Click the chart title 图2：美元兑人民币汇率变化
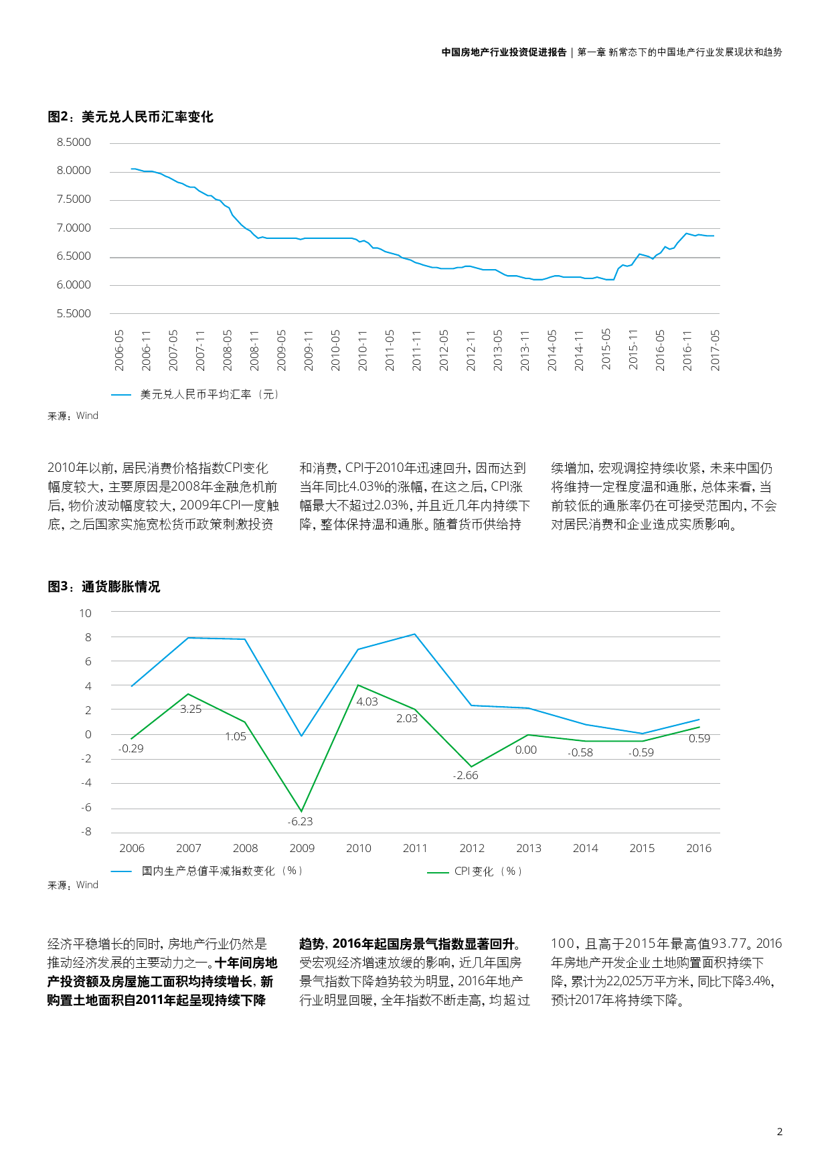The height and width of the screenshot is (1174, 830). (x=131, y=117)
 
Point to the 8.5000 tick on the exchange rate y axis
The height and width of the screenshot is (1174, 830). (x=74, y=143)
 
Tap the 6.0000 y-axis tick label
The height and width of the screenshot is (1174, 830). (x=74, y=285)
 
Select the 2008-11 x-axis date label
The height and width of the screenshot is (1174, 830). (x=254, y=350)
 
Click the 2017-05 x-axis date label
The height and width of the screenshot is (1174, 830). (x=715, y=350)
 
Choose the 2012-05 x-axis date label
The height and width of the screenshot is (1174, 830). (x=444, y=350)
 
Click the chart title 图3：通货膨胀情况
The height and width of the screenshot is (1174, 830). (x=104, y=587)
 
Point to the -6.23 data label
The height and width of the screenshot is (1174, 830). (x=300, y=822)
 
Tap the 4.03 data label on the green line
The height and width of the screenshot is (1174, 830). (x=367, y=702)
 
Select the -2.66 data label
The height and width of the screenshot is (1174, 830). (x=465, y=776)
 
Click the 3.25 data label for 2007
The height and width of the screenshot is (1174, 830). (x=191, y=709)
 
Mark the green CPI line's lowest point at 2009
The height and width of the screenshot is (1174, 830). (x=302, y=811)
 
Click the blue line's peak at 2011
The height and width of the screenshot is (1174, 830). (x=415, y=634)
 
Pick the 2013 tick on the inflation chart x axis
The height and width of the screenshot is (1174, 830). (x=528, y=849)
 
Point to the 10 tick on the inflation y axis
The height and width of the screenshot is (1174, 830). (x=85, y=613)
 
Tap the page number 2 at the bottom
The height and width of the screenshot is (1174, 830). (x=779, y=1132)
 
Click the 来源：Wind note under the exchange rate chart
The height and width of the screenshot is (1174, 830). (x=73, y=416)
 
